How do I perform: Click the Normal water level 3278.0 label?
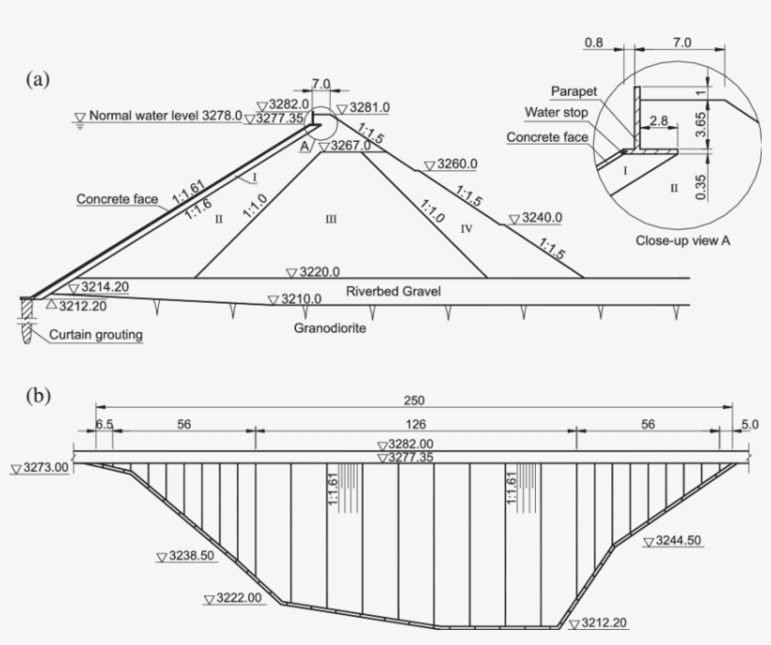coord(165,117)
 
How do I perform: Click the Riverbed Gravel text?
coord(393,291)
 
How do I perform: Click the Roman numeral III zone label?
coord(330,220)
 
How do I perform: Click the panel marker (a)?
coord(37,80)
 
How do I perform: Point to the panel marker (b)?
coord(37,394)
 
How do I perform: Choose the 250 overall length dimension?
coord(413,399)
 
